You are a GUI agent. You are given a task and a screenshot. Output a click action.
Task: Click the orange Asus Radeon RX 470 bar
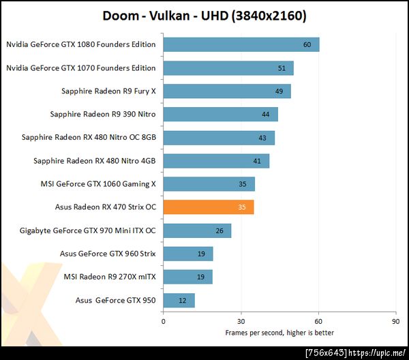208,207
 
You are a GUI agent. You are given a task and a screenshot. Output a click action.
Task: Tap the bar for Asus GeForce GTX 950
179,300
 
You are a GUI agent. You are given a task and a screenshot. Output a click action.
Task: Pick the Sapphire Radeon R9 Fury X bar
227,91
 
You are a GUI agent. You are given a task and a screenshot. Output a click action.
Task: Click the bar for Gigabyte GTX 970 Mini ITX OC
197,230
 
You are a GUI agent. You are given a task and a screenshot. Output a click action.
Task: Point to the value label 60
307,45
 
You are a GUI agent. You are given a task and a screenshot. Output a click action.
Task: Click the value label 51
282,68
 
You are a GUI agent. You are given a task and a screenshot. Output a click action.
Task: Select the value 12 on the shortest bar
182,300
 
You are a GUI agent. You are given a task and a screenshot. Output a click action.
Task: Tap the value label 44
265,115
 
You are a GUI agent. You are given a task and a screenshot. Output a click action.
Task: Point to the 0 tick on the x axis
164,321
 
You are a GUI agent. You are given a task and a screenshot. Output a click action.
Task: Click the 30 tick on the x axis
241,321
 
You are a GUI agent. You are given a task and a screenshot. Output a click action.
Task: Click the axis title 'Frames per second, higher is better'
279,333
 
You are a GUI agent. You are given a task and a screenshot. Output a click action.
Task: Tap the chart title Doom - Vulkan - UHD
204,15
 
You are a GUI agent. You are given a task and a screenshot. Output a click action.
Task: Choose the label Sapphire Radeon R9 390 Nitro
103,115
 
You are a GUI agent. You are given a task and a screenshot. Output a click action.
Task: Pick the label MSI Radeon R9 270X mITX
109,277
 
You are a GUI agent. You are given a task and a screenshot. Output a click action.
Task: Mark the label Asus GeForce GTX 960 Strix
108,254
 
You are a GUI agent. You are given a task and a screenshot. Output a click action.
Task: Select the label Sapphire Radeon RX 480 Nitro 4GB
94,161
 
